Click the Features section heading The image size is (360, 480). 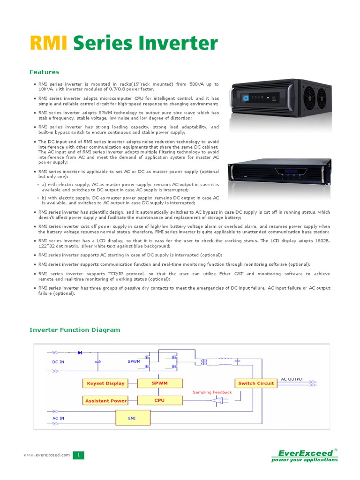pos(44,72)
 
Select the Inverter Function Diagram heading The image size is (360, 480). pos(75,330)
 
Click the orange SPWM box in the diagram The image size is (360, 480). pos(159,383)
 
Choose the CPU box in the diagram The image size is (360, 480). pos(159,400)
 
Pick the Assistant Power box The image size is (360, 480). pos(106,401)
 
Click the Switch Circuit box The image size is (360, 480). pos(256,383)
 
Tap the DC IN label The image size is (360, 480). pos(58,362)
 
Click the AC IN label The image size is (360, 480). pos(58,418)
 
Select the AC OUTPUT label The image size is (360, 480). pos(292,379)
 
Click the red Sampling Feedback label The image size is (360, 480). pos(212,392)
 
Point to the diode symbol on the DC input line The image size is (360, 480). pos(80,352)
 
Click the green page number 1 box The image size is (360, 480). pos(79,455)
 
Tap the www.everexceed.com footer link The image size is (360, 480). pos(47,455)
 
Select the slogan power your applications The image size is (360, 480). pos(305,460)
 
